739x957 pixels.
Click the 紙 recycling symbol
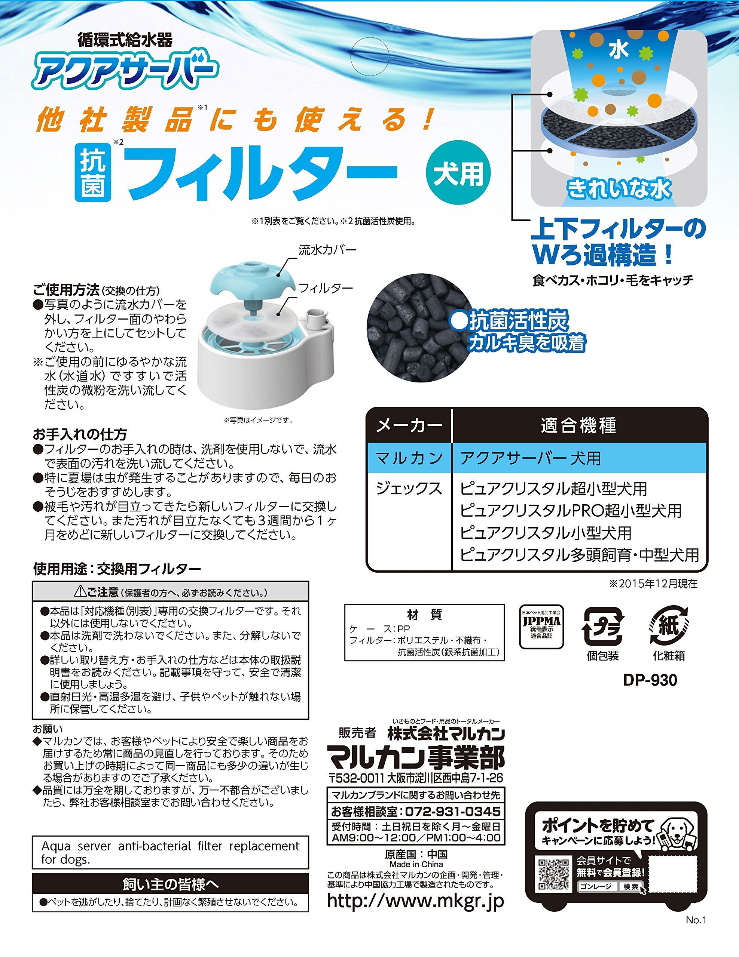point(668,626)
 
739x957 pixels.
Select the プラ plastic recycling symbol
point(603,627)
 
